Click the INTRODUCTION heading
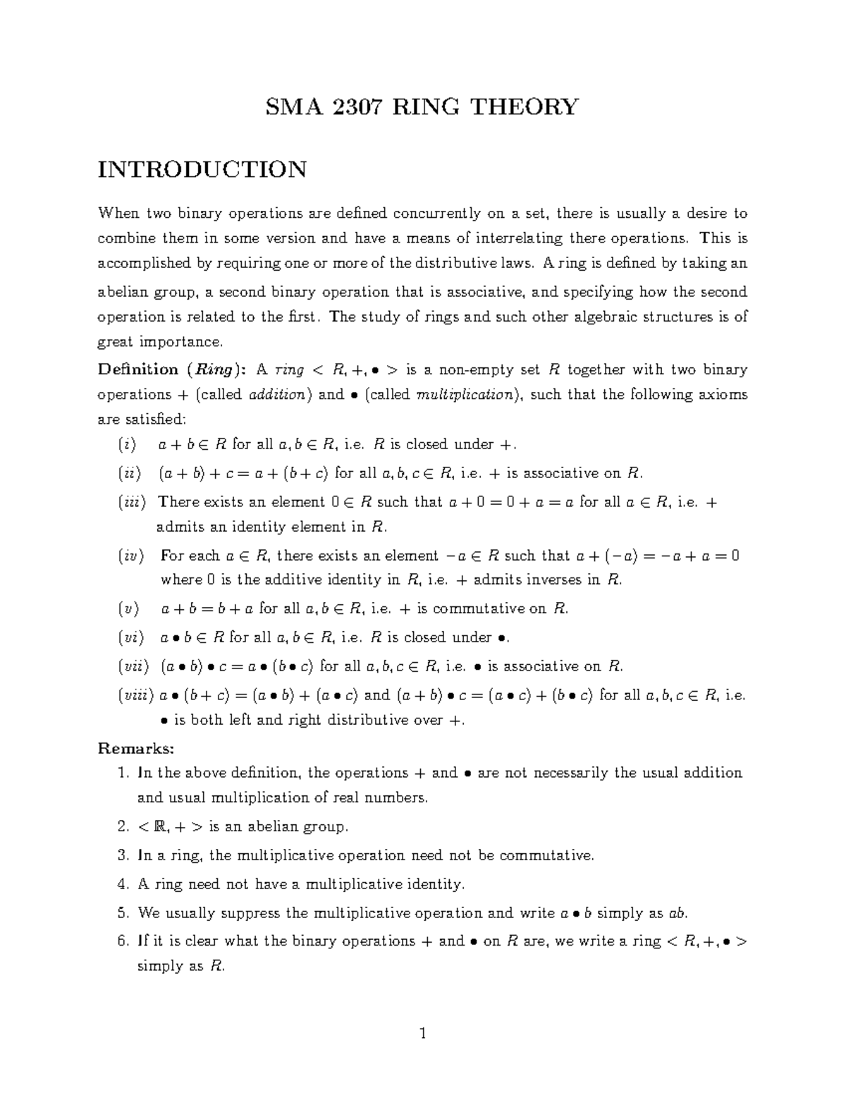(202, 170)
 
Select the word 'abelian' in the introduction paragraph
(123, 292)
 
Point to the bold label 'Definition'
(137, 369)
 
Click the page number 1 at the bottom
(422, 1034)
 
